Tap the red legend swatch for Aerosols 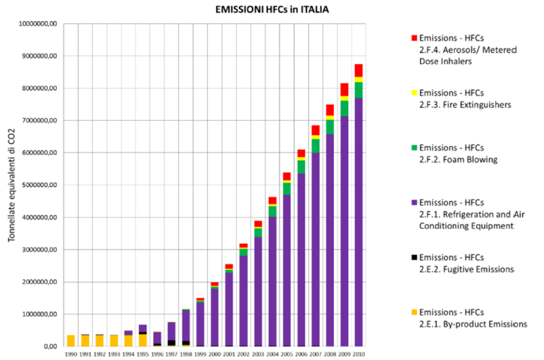(414, 36)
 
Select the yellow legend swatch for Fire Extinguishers (414, 92)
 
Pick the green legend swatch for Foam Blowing (414, 147)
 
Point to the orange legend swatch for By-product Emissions (414, 312)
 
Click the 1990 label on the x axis (71, 354)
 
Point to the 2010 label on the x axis (358, 354)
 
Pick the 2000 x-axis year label (215, 354)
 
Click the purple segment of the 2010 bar (358, 222)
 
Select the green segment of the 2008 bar (330, 126)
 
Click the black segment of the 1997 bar (172, 342)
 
